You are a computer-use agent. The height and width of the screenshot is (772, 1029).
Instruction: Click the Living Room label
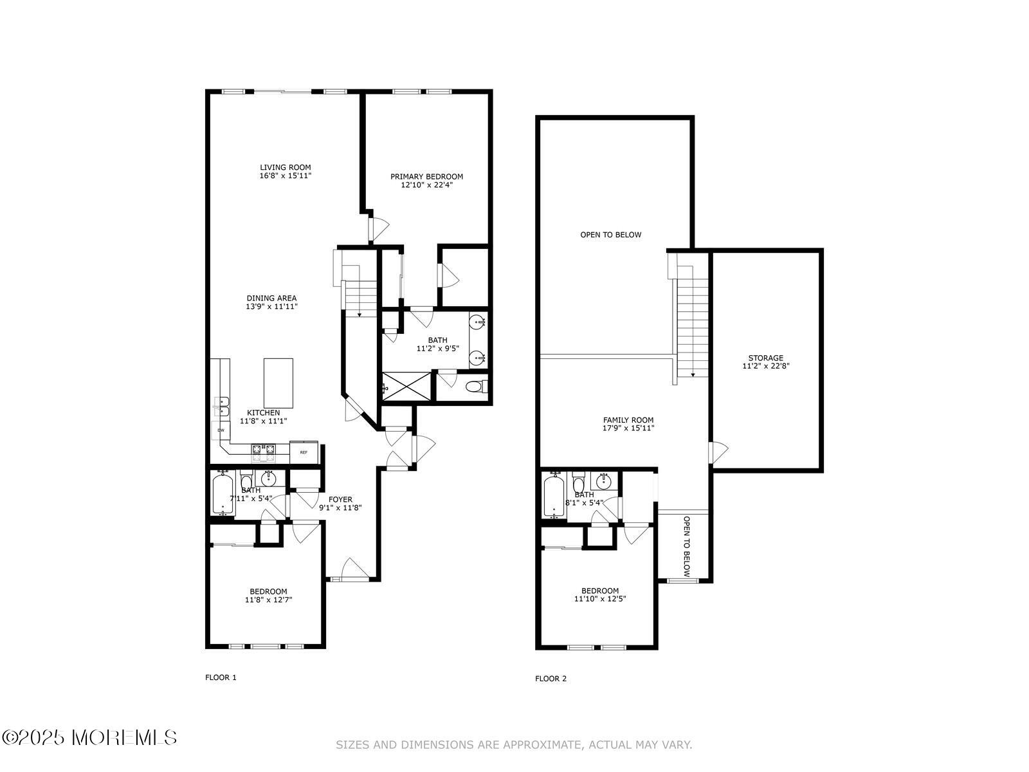[285, 167]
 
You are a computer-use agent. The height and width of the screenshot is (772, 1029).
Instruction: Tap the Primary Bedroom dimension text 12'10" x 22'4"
[426, 185]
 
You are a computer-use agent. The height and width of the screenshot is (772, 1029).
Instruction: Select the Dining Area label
[271, 298]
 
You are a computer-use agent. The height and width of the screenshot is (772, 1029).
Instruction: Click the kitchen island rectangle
[278, 383]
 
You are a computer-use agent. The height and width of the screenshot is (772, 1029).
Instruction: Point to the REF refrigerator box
[304, 452]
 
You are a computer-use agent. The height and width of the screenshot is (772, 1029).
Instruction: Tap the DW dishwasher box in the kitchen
[221, 430]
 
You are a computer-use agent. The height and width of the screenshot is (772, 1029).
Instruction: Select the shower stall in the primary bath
[406, 386]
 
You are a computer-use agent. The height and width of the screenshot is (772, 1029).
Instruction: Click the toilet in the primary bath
[479, 387]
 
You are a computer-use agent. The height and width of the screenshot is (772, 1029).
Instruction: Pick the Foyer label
[340, 500]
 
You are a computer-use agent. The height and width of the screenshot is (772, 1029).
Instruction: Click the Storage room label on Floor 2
[765, 358]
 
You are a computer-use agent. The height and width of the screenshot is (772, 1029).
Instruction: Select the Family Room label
[628, 420]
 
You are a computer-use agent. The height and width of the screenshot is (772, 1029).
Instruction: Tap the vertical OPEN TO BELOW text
[686, 547]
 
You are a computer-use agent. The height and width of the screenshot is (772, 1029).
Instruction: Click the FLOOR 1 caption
[221, 677]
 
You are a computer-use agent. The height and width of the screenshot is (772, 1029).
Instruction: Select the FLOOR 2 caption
[551, 679]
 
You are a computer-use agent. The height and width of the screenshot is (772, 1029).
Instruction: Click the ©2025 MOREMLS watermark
[89, 738]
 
